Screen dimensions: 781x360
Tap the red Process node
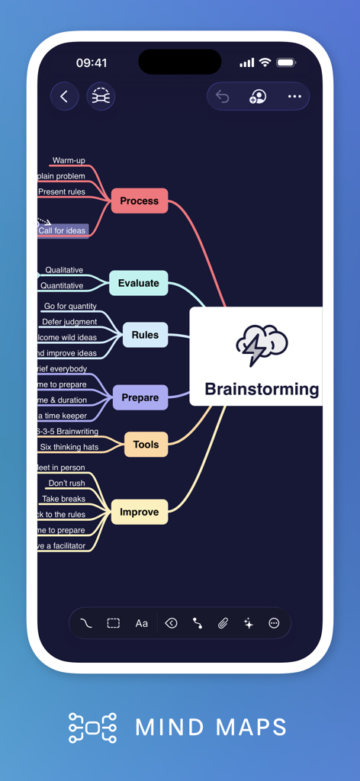tap(140, 201)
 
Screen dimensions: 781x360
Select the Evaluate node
tap(138, 283)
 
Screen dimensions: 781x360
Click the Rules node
tap(145, 335)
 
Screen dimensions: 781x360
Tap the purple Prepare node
tap(140, 397)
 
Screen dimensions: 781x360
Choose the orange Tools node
tap(146, 445)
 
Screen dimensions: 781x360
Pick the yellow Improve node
tap(140, 512)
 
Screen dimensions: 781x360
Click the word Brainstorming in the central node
tap(262, 389)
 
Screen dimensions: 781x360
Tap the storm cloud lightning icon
tap(261, 345)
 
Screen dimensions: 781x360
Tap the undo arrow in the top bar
tap(223, 97)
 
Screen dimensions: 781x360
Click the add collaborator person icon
tap(258, 97)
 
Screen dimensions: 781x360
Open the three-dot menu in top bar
tap(294, 97)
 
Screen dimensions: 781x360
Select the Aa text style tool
tap(142, 623)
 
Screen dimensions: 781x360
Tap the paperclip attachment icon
tap(223, 623)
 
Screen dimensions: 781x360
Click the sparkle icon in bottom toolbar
tap(248, 623)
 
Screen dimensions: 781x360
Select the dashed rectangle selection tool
tap(113, 623)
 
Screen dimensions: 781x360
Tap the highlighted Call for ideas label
tap(63, 230)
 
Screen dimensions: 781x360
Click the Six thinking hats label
tap(69, 447)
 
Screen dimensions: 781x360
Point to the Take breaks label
tap(63, 499)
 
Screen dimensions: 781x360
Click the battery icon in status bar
tap(286, 63)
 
